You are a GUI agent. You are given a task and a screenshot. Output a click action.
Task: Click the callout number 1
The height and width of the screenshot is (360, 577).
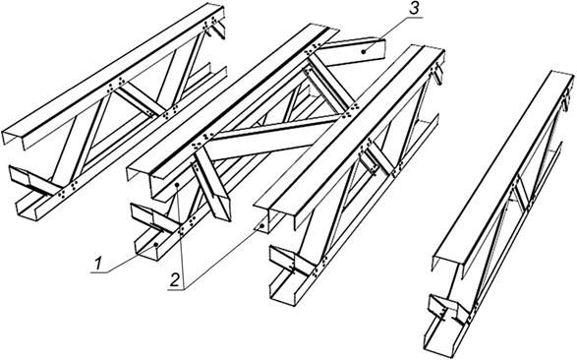pos(98,264)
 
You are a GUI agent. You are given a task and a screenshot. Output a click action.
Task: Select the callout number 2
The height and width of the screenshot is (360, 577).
pos(175,280)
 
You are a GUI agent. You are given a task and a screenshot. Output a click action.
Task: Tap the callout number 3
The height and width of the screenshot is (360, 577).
pos(415,9)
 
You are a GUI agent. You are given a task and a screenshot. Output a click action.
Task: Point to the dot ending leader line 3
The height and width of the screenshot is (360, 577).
pos(364,52)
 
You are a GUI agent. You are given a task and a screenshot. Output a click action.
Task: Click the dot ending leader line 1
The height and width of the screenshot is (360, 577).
pos(156,244)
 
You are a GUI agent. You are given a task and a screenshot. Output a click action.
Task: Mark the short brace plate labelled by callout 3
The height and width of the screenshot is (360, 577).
pos(353,52)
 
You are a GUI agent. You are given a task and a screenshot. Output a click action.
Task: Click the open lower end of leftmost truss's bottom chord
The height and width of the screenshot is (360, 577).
pos(28,210)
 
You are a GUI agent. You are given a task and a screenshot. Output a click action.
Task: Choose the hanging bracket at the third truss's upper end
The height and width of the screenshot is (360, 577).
pos(437,76)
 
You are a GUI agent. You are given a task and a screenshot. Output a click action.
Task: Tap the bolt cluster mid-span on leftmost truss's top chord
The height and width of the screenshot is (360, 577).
pos(116,85)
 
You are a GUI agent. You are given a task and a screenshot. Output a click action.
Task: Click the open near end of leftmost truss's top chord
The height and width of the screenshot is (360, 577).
pos(14,139)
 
